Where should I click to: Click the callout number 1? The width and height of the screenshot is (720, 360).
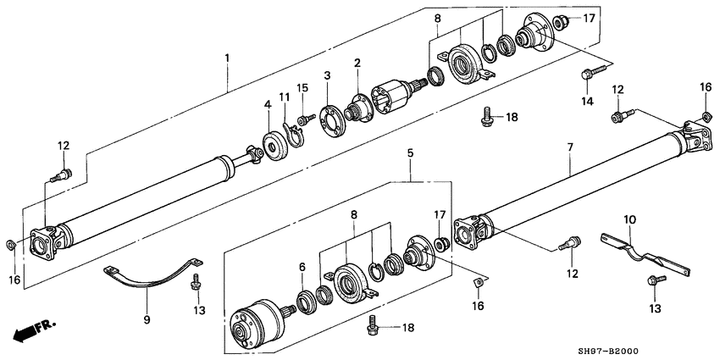226,58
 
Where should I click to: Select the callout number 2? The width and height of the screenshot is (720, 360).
357,63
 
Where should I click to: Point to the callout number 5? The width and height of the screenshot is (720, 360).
410,154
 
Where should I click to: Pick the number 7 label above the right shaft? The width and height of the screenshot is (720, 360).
570,147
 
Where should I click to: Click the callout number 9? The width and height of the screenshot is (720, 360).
147,319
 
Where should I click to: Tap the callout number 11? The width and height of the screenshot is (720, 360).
285,99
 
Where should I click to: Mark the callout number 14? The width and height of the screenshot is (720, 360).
585,102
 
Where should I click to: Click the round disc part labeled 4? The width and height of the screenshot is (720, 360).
274,147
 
